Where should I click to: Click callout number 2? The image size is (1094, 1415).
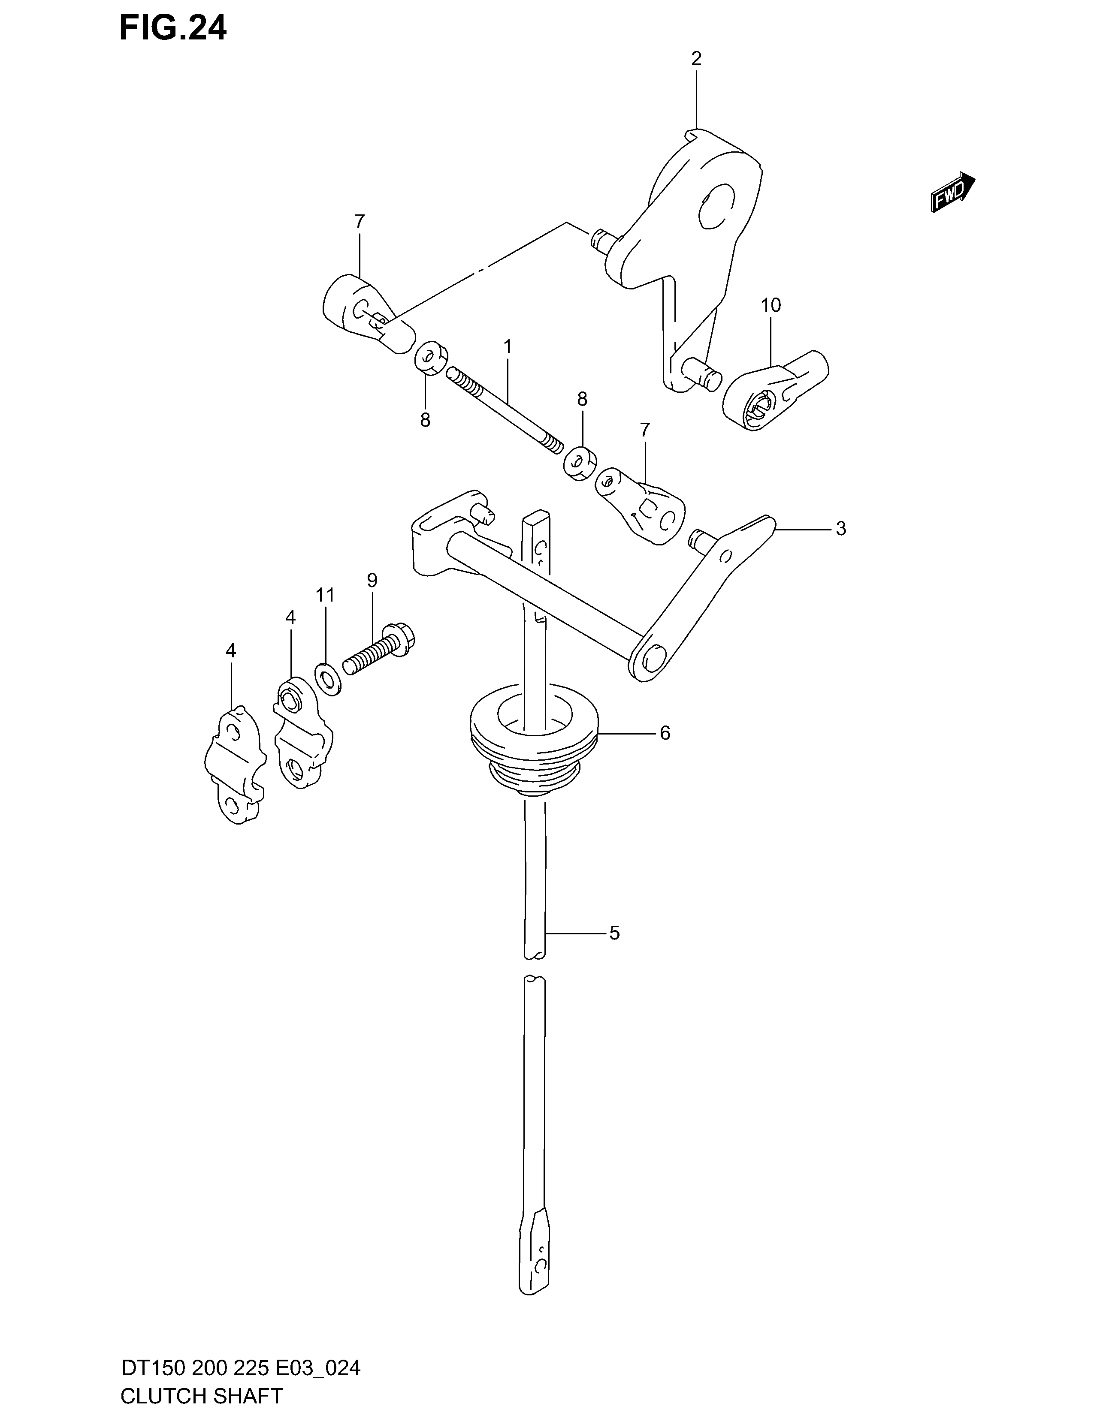(x=696, y=59)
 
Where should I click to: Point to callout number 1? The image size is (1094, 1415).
(x=508, y=346)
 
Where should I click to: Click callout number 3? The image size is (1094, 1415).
(x=840, y=529)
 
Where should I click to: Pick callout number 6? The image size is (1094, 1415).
(x=665, y=733)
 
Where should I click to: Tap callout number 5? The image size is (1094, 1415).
(x=614, y=933)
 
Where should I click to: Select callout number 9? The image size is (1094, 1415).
(x=372, y=580)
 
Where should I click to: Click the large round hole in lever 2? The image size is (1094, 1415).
(x=719, y=206)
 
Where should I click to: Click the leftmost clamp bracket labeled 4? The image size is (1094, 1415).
(x=235, y=765)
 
